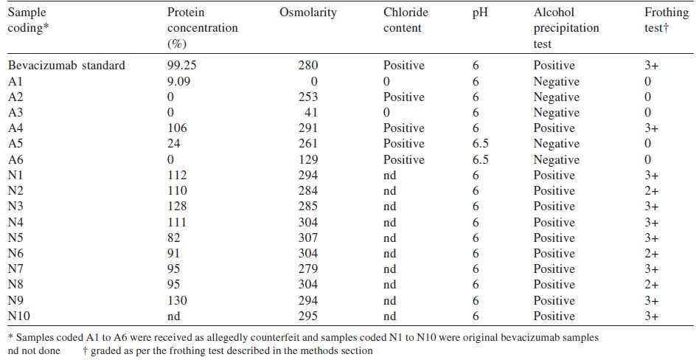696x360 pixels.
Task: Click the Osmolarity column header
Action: (x=307, y=13)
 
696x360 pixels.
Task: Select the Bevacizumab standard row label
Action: (x=66, y=66)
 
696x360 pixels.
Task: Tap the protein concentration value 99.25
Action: (x=181, y=66)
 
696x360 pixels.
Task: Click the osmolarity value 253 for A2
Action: (x=308, y=97)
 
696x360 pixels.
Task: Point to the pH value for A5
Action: (x=481, y=144)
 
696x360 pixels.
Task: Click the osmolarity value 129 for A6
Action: (x=308, y=160)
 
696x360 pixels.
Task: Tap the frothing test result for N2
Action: (x=651, y=191)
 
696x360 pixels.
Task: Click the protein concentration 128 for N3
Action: (x=177, y=207)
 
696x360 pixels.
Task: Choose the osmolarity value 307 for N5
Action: (x=308, y=238)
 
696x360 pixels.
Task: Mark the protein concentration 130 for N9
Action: (x=177, y=300)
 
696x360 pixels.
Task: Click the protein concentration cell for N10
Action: (x=173, y=316)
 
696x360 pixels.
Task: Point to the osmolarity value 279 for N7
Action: (x=308, y=269)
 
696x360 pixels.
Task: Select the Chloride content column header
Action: (x=406, y=20)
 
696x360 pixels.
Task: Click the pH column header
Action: (x=480, y=13)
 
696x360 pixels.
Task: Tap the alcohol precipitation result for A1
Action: (x=557, y=82)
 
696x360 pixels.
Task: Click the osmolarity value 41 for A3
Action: (x=311, y=113)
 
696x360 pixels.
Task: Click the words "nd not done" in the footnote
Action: (x=34, y=351)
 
